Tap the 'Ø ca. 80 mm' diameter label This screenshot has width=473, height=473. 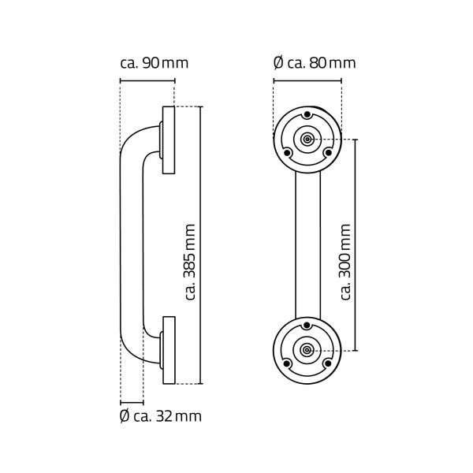314,63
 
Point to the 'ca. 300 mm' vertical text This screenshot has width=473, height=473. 345,261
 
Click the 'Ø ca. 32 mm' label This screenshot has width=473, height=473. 160,415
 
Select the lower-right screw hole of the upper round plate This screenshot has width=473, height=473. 324,152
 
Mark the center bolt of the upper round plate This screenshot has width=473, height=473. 307,140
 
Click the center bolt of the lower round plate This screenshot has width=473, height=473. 307,350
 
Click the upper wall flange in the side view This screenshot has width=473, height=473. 168,140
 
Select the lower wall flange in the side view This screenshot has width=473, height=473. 168,349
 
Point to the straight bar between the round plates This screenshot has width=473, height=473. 307,244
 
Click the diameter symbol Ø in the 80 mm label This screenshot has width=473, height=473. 277,63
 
